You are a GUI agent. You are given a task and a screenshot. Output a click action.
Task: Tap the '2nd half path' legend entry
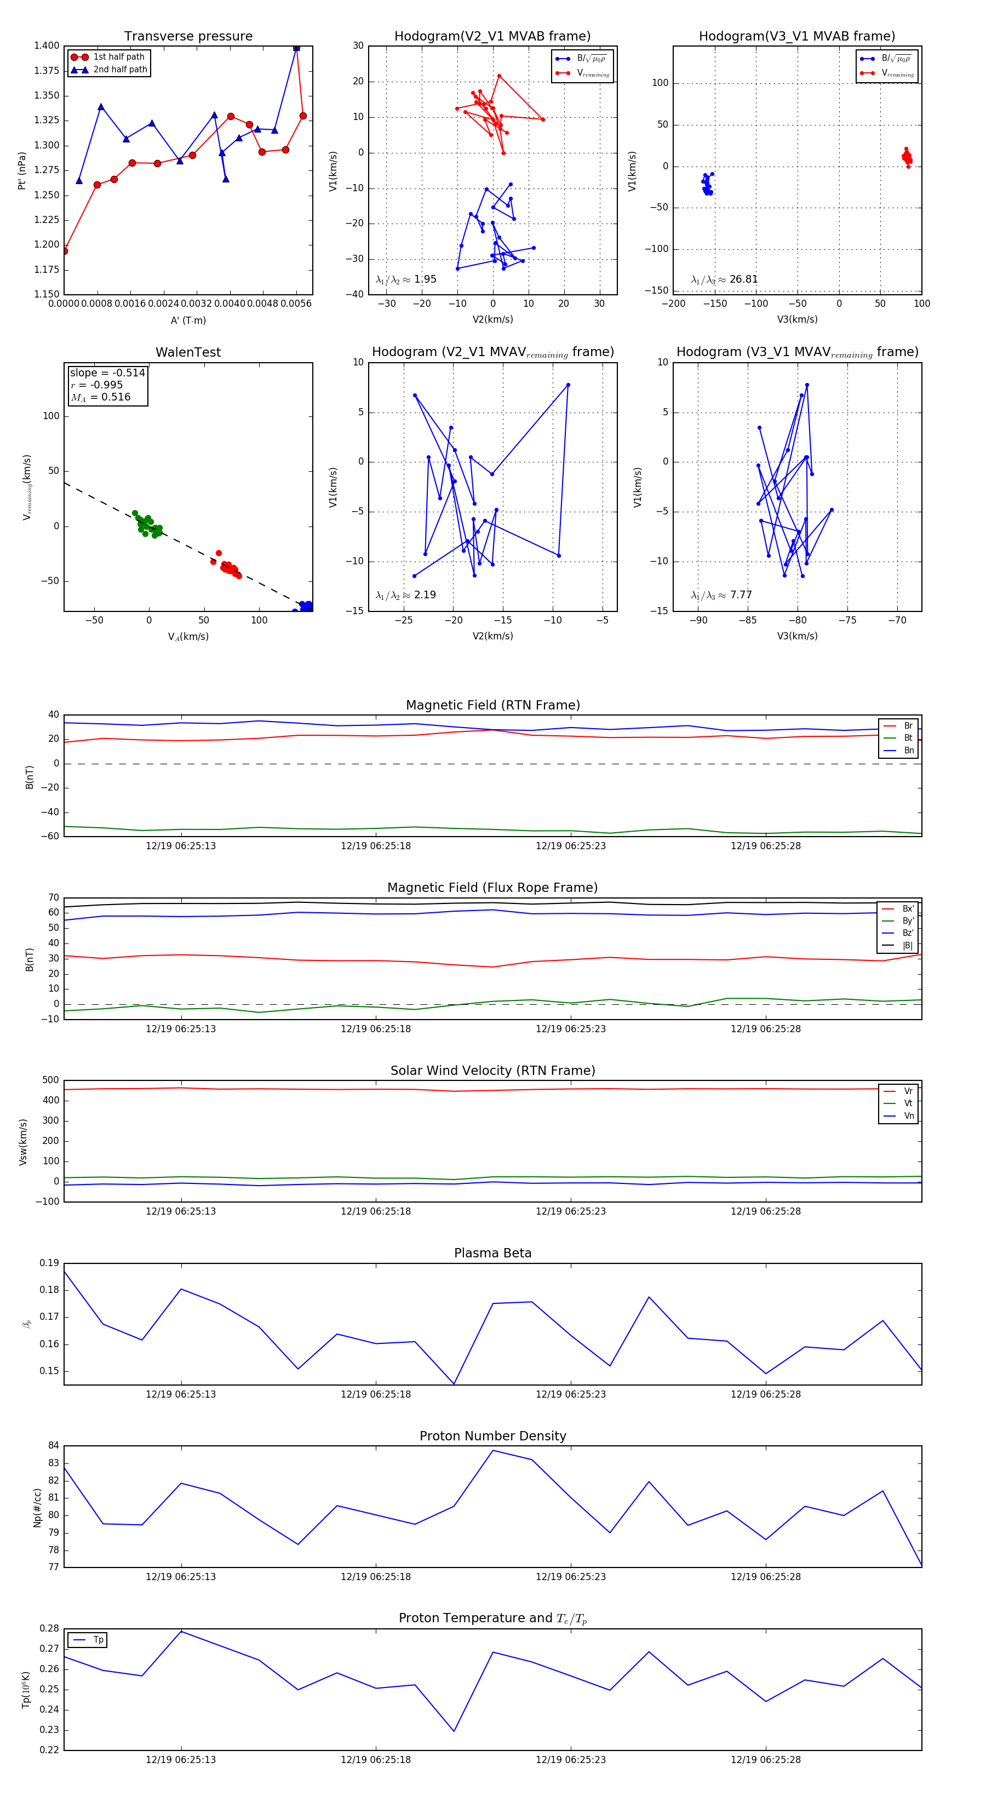tap(120, 70)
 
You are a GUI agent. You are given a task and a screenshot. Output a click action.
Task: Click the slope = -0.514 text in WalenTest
tap(107, 373)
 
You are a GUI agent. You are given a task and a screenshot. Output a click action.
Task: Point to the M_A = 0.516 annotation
tap(100, 397)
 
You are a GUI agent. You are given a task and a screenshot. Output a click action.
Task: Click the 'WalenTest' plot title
tap(188, 352)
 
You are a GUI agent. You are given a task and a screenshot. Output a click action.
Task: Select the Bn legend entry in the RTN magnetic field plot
tap(908, 750)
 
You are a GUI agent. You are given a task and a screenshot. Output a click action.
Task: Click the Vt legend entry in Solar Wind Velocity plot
tap(908, 1103)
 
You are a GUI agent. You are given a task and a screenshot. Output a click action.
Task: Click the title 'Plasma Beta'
tap(492, 1254)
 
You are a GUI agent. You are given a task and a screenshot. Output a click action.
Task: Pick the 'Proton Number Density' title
tap(492, 1436)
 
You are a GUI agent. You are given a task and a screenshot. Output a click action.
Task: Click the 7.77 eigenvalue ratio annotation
tap(741, 595)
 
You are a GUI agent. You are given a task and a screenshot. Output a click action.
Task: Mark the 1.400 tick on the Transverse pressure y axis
tap(47, 45)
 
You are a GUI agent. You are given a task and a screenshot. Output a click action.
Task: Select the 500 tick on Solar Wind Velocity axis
tap(50, 1080)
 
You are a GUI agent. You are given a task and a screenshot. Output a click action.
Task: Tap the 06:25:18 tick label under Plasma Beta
tap(375, 1394)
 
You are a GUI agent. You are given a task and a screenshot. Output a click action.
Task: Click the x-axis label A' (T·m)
tap(188, 321)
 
